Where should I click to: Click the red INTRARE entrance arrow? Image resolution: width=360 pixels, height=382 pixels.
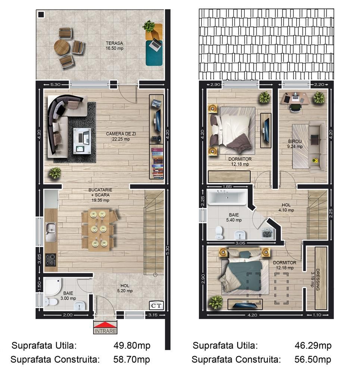pos(105,325)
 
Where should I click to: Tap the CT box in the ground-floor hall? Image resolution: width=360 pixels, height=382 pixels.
pos(156,306)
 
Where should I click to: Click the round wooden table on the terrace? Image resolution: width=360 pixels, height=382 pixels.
pos(62,47)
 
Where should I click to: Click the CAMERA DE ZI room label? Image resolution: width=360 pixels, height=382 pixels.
pos(118,137)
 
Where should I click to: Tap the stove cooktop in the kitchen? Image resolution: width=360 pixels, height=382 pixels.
pos(50,259)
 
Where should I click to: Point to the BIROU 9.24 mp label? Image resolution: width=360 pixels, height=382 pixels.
pos(295,144)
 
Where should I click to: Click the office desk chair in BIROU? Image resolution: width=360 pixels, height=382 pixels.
pos(295,107)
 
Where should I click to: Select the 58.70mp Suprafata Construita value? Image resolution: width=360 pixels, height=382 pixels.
pos(132,360)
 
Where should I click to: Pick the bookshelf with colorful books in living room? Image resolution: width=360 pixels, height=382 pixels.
pos(157,163)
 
